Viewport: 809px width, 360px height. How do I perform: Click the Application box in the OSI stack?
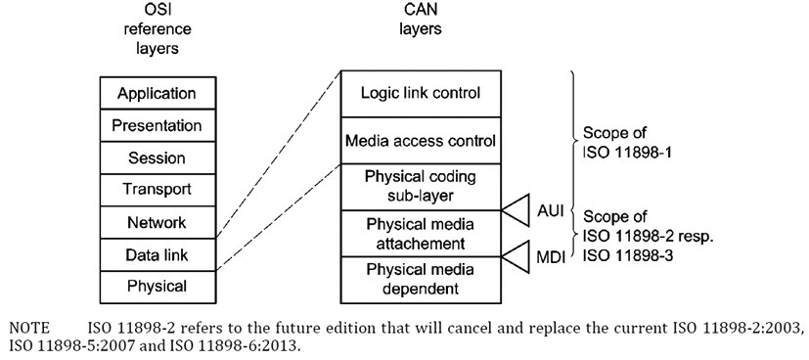(157, 94)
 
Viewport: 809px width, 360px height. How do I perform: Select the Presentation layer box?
(157, 125)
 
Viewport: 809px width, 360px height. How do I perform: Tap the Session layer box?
(157, 157)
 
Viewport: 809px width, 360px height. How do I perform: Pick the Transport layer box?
(157, 190)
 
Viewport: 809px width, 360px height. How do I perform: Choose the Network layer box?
(157, 222)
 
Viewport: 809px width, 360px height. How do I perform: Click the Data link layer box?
(157, 254)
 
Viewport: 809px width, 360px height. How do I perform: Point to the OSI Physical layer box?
(157, 286)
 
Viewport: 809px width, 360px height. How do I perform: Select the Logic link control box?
(420, 93)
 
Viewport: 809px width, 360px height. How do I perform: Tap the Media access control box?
(420, 140)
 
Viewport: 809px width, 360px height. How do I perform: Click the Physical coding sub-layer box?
(420, 185)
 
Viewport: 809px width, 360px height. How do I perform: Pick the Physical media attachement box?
(420, 231)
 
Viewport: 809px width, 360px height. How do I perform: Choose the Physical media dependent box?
(420, 277)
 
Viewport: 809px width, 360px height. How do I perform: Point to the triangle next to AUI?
(516, 208)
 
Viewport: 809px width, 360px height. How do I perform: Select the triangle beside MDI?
(516, 256)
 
